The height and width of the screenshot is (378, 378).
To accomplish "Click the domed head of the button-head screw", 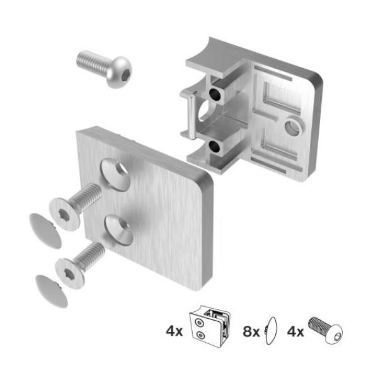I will point(120,71).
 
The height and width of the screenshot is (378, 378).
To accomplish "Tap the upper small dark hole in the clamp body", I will point(216,94).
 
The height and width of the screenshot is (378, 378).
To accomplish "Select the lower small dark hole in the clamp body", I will point(215,147).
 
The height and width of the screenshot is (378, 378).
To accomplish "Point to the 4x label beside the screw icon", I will point(295,330).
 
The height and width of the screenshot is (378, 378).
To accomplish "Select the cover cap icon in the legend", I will point(272,329).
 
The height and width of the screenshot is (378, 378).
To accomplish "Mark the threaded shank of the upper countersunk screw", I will point(86,197).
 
